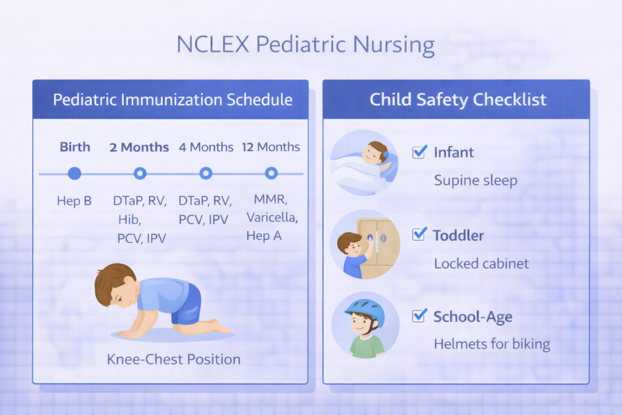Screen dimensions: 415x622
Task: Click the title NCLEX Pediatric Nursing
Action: click(x=305, y=45)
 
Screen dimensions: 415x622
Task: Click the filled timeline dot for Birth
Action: click(x=74, y=174)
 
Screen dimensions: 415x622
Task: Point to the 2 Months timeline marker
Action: click(x=140, y=174)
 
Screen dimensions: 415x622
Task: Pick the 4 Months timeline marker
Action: click(x=206, y=174)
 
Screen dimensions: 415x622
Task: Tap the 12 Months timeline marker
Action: click(x=272, y=174)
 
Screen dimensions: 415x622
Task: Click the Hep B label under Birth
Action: click(x=74, y=201)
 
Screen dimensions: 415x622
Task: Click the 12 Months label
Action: click(x=272, y=147)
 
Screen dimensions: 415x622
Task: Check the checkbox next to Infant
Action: click(x=419, y=152)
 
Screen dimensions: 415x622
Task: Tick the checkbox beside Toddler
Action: click(x=419, y=234)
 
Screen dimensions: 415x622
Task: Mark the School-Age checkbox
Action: click(x=419, y=316)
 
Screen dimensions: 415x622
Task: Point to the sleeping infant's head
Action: click(x=377, y=152)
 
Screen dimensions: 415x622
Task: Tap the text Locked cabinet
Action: click(x=481, y=264)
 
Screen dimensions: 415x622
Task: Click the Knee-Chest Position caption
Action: click(x=174, y=359)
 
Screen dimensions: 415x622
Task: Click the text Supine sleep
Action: click(x=476, y=181)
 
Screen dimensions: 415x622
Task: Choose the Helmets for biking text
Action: click(x=492, y=345)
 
